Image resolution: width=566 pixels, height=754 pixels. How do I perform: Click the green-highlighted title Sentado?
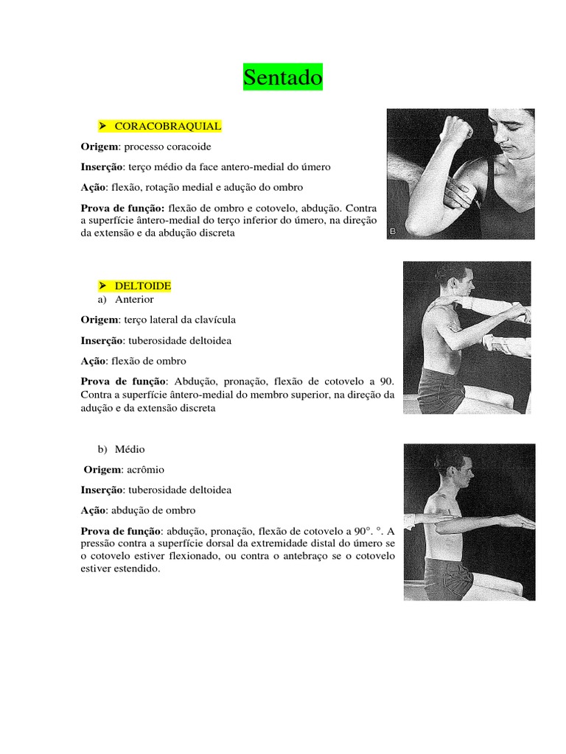pyautogui.click(x=283, y=77)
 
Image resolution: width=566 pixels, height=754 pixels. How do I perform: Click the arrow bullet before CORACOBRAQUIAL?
pyautogui.click(x=103, y=126)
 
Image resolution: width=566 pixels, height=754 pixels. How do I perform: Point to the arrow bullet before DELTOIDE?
pyautogui.click(x=103, y=285)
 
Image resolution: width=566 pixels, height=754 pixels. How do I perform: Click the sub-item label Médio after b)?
pyautogui.click(x=130, y=448)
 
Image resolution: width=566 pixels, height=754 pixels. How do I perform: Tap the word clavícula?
pyautogui.click(x=214, y=320)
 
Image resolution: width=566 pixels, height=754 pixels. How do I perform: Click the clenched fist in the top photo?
pyautogui.click(x=457, y=130)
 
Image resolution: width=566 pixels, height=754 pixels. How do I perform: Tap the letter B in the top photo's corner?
pyautogui.click(x=393, y=232)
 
